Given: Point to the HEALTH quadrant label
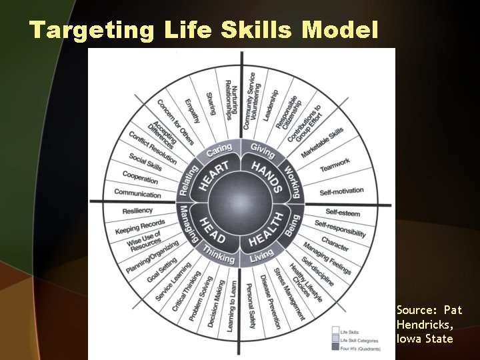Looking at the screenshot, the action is tap(266, 230).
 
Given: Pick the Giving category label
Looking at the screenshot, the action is tap(263, 148).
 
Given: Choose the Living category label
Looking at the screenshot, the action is tap(261, 256).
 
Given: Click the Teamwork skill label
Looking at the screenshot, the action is tap(334, 164).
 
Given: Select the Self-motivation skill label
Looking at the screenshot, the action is tap(341, 191).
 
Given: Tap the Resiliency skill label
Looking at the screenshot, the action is tap(138, 211).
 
